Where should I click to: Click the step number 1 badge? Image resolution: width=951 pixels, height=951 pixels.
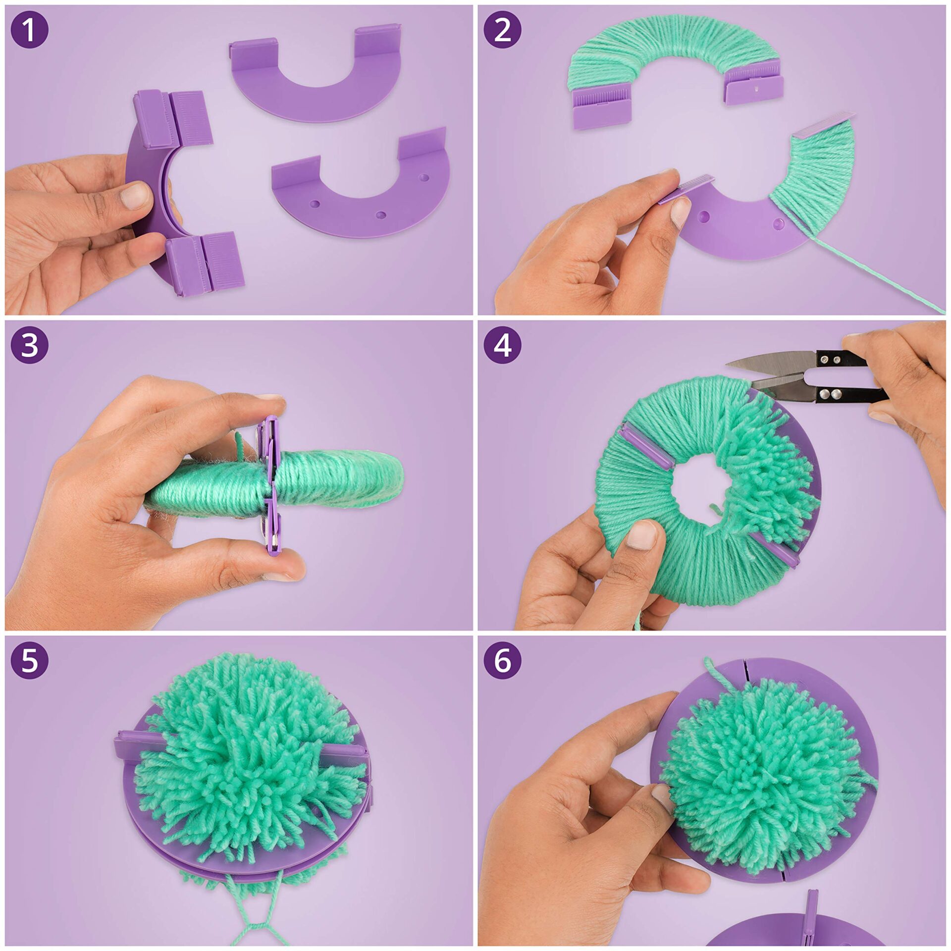[x=29, y=30]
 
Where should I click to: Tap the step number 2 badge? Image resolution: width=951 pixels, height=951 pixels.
[x=502, y=30]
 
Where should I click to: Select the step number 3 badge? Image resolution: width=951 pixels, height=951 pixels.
[x=29, y=345]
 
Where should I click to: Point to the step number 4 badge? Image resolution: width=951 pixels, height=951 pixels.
[x=502, y=345]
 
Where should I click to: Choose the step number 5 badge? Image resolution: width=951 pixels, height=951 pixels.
[x=29, y=660]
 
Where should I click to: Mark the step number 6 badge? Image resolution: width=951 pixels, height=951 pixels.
[x=502, y=660]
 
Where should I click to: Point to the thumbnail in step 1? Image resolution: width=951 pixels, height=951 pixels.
[x=136, y=195]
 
